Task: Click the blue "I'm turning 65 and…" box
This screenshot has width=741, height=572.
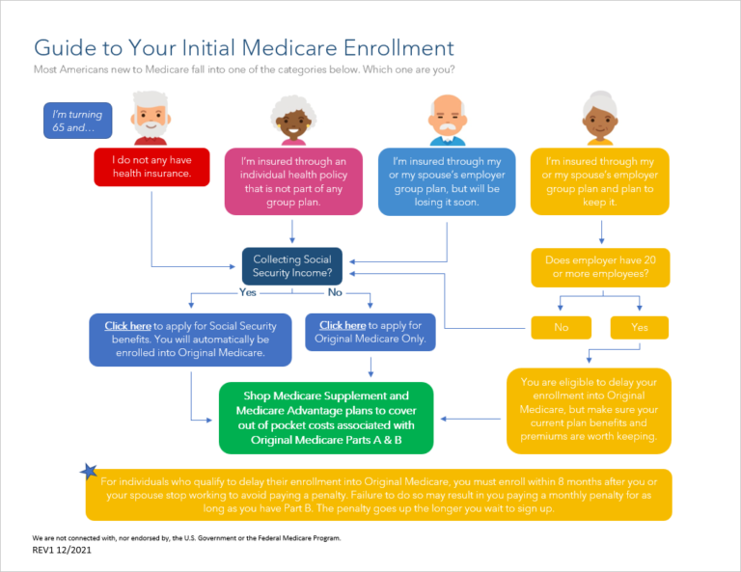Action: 78,121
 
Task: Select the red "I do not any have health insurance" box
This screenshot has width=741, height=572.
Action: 151,167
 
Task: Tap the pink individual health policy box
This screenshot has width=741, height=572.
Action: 293,180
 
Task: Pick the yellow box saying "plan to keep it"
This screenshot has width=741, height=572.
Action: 600,180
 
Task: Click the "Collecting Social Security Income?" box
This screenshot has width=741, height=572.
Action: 292,265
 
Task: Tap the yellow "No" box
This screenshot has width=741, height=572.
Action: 562,328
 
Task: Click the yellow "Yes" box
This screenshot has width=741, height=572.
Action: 640,328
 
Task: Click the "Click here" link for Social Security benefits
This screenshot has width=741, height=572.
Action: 127,326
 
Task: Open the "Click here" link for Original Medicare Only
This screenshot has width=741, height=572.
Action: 343,325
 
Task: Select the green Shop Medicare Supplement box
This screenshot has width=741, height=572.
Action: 326,418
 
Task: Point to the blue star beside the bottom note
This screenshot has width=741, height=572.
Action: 89,472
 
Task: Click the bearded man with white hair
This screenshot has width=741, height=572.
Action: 151,118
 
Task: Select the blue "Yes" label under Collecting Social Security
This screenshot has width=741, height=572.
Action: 247,292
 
